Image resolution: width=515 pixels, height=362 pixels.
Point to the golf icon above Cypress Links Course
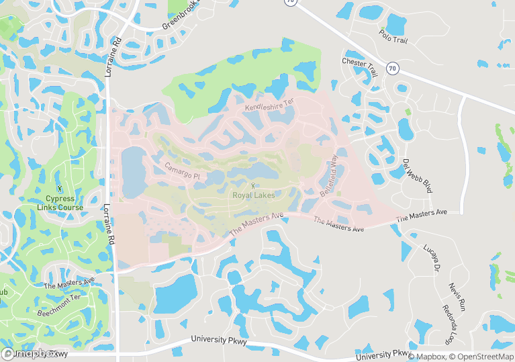click(61, 189)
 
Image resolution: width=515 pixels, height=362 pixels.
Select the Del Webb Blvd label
click(417, 177)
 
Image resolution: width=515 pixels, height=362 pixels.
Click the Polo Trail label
click(393, 36)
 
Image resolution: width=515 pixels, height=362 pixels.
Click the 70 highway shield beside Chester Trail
click(393, 68)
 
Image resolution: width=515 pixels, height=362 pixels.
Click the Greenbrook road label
click(181, 19)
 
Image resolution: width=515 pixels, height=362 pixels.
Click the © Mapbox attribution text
click(426, 357)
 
